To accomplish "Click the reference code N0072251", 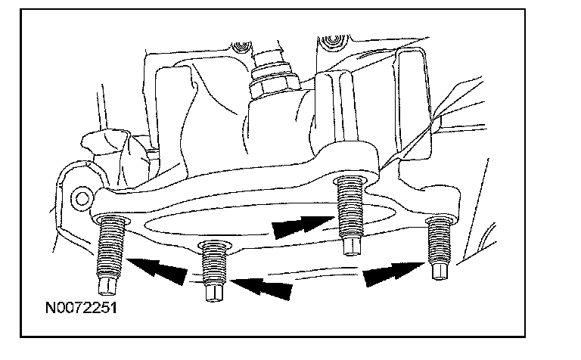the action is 79,310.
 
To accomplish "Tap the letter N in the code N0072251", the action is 50,310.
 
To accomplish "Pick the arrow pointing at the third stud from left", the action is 296,225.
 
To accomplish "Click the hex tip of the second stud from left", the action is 213,292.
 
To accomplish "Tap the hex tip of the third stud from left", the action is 350,246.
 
